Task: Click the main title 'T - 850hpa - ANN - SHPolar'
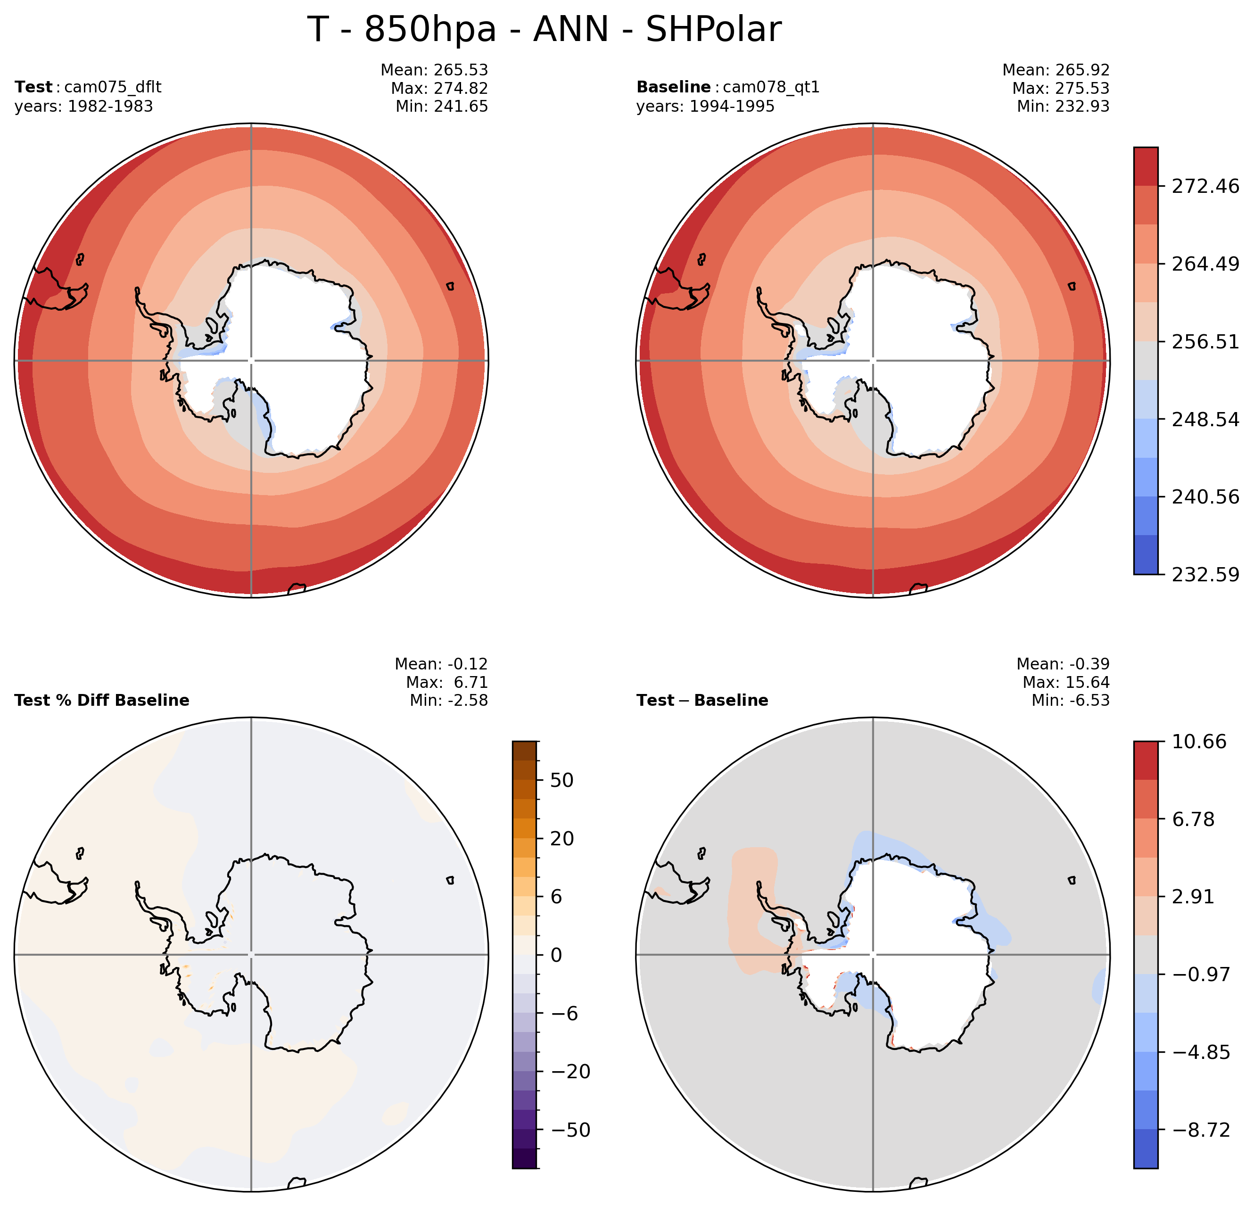point(544,29)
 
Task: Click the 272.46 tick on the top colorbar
point(1205,186)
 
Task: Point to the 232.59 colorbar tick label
point(1205,575)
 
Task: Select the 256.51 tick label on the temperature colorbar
point(1205,342)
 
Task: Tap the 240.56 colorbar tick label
point(1205,496)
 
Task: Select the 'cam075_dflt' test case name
point(113,87)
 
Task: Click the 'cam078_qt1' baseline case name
point(771,87)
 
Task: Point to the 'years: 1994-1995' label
point(705,106)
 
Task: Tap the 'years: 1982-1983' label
point(84,106)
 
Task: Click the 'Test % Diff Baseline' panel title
point(102,701)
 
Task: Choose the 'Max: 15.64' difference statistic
point(1066,683)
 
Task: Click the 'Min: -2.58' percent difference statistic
point(448,701)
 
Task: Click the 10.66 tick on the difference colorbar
point(1199,742)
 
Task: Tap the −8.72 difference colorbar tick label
point(1201,1131)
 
